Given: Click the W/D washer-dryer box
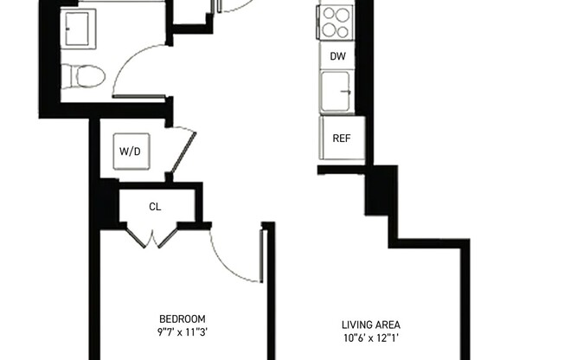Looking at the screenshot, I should point(129,151).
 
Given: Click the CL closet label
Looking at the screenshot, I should point(155,207).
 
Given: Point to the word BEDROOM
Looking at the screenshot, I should point(183,318).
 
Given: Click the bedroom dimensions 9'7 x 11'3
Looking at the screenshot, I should point(183,331).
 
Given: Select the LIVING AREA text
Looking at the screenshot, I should point(370,325).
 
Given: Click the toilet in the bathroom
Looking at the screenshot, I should point(87,76).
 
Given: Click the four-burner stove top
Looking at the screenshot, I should point(334,23).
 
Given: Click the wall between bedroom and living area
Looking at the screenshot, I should point(268,294).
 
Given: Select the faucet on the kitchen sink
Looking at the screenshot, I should point(346,90).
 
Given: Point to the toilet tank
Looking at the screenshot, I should point(67,76).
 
